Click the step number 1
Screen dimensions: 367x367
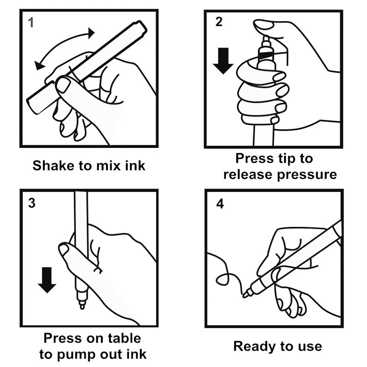(x=31, y=23)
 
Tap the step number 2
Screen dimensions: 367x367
(x=218, y=22)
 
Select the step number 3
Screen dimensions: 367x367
(x=32, y=203)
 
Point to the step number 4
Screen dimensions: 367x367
(x=220, y=204)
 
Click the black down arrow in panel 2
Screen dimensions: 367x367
(x=223, y=60)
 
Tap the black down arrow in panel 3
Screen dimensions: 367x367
(x=47, y=280)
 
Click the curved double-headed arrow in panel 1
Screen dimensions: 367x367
(x=63, y=46)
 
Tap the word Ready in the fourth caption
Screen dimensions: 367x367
(x=254, y=346)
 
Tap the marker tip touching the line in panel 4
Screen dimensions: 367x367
(x=246, y=294)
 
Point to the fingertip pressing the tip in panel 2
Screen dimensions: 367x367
(x=264, y=26)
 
